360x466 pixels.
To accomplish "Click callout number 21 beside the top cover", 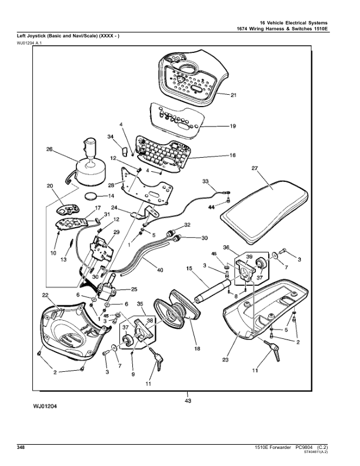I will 233,95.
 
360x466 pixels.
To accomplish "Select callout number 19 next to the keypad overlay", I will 232,126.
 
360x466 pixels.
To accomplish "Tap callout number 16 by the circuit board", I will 232,156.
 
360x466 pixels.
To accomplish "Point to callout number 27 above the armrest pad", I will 255,169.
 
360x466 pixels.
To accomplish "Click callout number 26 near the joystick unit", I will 49,149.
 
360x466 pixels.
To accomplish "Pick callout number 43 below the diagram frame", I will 188,401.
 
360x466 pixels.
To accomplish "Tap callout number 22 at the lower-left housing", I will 45,294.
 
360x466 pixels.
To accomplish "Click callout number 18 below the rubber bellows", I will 197,348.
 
